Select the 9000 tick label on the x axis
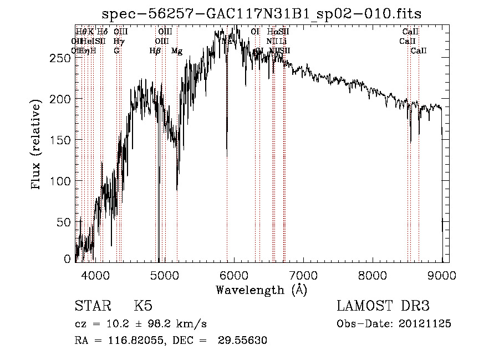pos(442,274)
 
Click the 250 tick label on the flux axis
pos(62,58)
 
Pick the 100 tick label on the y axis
pos(62,181)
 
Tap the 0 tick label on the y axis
pos(68,258)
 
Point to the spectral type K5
pos(142,307)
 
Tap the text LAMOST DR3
pos(383,307)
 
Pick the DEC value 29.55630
pos(245,341)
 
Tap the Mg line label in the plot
pos(177,51)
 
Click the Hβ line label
pos(155,51)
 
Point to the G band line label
pos(116,51)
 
